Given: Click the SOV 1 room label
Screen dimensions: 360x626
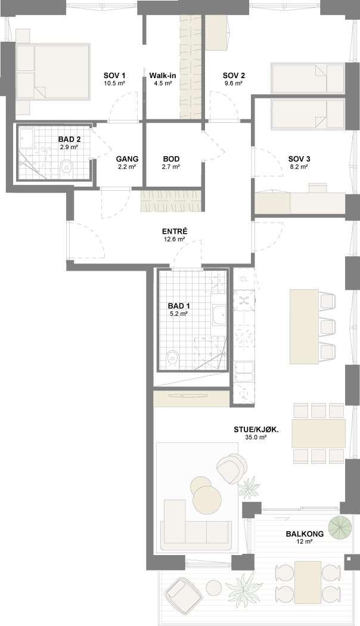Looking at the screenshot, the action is click(x=114, y=76).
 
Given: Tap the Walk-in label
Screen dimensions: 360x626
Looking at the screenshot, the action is click(x=163, y=76).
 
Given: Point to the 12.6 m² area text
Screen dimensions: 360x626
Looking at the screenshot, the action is click(x=175, y=240).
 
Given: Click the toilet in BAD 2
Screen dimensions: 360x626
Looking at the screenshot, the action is click(x=67, y=168).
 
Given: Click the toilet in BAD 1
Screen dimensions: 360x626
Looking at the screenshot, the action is click(x=173, y=357).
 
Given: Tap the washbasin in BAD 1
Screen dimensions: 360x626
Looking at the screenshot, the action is click(x=219, y=315).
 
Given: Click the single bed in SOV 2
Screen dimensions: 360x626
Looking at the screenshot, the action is click(x=308, y=78).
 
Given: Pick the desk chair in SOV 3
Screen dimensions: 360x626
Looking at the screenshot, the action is click(x=318, y=188).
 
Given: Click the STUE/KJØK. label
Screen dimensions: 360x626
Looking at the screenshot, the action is click(x=256, y=430).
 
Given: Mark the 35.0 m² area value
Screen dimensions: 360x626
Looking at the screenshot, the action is click(x=256, y=437).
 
